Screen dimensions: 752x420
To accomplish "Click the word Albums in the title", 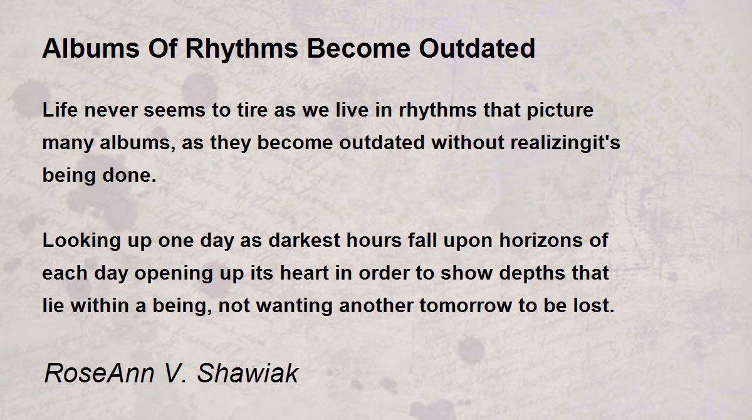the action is point(91,48).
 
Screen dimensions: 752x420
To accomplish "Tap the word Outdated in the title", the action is point(477,48).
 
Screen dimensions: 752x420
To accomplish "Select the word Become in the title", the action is point(358,48).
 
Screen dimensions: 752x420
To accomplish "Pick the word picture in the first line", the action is point(560,111).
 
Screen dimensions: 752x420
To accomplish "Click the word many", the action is point(68,144).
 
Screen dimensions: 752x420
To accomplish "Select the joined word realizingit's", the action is point(565,143).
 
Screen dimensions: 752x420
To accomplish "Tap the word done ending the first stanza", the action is point(129,175).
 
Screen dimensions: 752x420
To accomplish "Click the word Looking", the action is point(81,241).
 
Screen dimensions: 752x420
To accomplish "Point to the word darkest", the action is point(305,240).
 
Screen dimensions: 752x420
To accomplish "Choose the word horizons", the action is point(541,240).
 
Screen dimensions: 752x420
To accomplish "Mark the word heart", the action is point(304,273).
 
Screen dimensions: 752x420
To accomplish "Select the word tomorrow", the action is point(465,306).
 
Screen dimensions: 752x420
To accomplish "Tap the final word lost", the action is point(593,305).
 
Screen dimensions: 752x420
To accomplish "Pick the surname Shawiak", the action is point(248,373).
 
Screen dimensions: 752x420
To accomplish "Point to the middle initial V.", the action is point(174,373).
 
